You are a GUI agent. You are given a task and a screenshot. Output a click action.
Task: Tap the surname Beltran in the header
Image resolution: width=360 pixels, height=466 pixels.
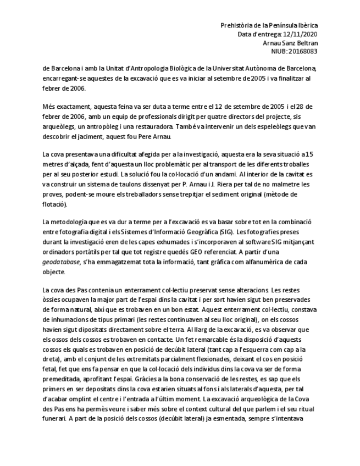click(304, 43)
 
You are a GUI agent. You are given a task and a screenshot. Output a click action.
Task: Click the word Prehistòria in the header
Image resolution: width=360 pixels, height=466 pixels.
click(236, 25)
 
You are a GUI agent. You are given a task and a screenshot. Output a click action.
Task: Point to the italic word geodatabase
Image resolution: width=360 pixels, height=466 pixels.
click(62, 263)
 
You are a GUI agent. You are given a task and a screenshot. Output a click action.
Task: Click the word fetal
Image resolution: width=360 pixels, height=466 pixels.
click(51, 380)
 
